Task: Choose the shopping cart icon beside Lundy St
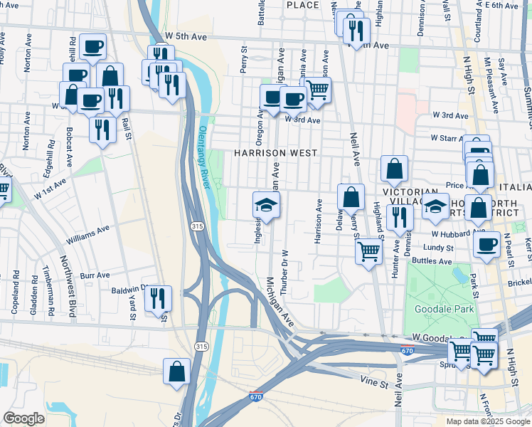point(368,251)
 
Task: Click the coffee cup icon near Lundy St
point(487,244)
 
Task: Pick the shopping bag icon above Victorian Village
point(394,169)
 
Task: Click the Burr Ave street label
point(95,275)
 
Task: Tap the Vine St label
point(374,381)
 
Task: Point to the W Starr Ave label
point(451,137)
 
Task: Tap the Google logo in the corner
point(23,418)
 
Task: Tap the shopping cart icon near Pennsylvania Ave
point(317,90)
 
